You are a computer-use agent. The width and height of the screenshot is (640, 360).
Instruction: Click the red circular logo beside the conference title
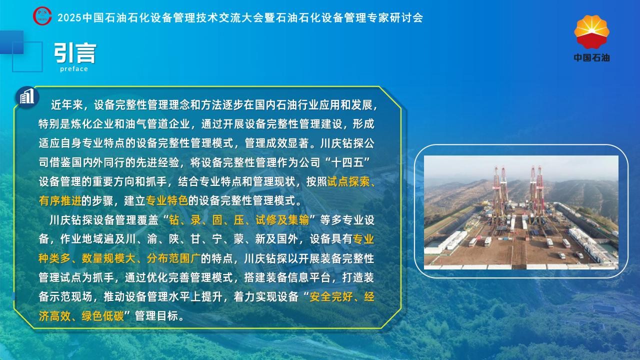point(42,16)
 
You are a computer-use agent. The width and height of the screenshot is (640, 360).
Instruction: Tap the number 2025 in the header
point(69,17)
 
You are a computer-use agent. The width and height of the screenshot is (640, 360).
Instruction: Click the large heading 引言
point(75,53)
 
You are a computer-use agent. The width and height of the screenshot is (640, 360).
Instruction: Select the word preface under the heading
point(74,69)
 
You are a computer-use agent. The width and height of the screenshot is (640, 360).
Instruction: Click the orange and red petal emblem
point(591,32)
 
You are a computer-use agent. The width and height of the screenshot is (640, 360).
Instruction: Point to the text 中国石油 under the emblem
point(591,57)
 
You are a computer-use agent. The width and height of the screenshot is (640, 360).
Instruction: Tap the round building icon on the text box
point(27,96)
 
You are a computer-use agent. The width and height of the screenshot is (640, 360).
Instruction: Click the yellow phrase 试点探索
point(348,181)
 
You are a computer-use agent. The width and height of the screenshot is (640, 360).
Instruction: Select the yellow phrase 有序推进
point(60,201)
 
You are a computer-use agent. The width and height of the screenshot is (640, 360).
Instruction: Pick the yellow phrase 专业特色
point(167,201)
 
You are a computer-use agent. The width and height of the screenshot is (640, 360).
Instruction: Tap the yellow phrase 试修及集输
point(282,220)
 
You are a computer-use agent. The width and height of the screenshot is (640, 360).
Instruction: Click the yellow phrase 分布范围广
point(173,258)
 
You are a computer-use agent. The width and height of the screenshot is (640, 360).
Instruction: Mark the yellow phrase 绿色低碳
point(103,316)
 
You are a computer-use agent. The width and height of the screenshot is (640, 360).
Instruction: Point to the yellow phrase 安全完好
point(331,296)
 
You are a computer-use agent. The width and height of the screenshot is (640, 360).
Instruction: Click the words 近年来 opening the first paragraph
point(67,105)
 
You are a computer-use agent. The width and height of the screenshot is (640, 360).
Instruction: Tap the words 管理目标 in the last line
point(156,316)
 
